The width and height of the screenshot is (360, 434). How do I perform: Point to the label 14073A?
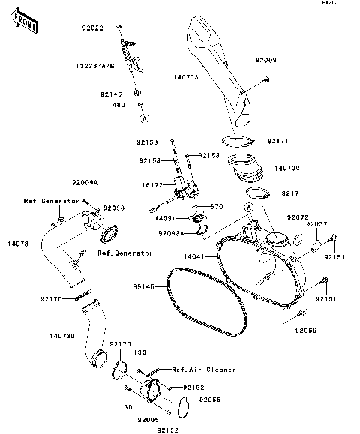(186, 76)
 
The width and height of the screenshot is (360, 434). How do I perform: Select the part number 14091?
(166, 218)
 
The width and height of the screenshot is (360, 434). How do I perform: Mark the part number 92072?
(297, 217)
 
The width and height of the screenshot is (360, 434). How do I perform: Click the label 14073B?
(61, 337)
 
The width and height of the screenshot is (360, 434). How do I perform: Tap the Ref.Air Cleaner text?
(203, 370)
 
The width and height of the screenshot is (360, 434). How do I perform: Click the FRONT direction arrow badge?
(25, 25)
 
